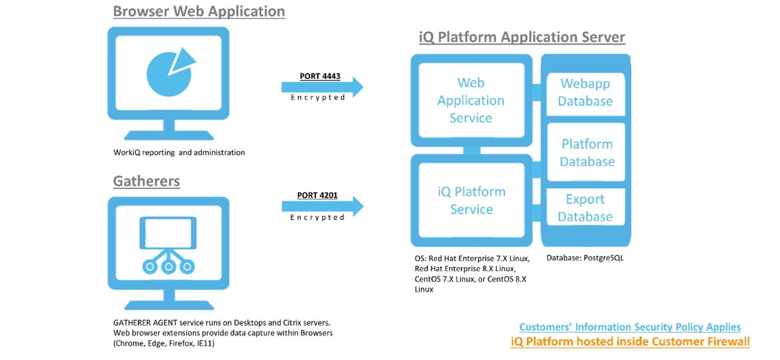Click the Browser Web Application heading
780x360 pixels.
[199, 12]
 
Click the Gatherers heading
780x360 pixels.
[146, 182]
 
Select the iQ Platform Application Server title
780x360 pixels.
[521, 37]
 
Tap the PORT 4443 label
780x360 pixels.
[320, 77]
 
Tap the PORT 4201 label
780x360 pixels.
[317, 196]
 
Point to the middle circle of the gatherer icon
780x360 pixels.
[168, 266]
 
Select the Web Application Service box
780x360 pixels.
[471, 100]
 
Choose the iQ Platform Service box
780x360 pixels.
[471, 200]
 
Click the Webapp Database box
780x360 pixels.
[586, 93]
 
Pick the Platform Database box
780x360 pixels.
[587, 153]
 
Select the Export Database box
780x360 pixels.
[585, 208]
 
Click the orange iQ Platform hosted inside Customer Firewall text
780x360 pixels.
[630, 342]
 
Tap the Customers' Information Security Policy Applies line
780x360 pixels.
[630, 327]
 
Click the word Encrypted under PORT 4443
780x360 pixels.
[317, 98]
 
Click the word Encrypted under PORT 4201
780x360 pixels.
[317, 218]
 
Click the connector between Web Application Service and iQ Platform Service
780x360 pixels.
[471, 150]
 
